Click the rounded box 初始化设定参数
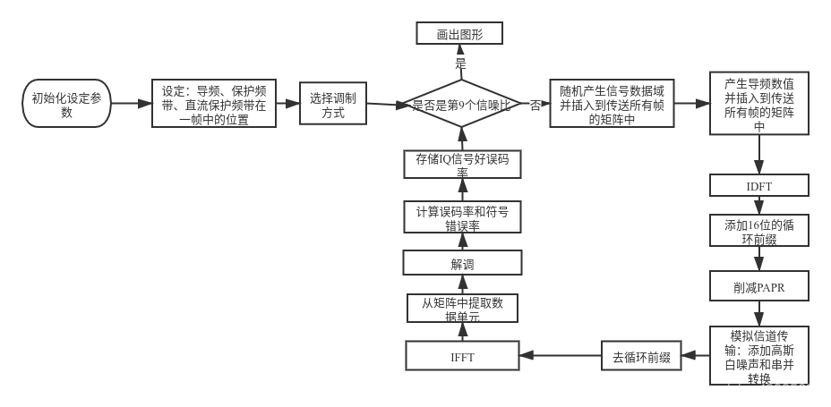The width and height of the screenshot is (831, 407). coord(67,105)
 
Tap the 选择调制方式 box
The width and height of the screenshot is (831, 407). coord(332,105)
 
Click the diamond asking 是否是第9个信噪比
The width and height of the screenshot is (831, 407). coord(462,105)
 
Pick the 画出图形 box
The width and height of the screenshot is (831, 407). coord(459,34)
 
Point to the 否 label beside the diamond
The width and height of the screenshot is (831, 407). coord(535,105)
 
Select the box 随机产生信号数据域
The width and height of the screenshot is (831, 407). coord(612,105)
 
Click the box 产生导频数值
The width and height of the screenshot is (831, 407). coord(759,105)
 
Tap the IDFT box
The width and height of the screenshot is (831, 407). coord(759,185)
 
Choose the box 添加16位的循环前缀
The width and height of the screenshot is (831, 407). coord(759,231)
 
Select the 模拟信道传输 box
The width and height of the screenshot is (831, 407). coord(759,355)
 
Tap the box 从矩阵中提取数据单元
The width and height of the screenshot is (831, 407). coord(462,309)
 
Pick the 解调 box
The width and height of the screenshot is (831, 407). coord(462,263)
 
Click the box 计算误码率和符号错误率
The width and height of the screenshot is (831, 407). coord(462,217)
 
